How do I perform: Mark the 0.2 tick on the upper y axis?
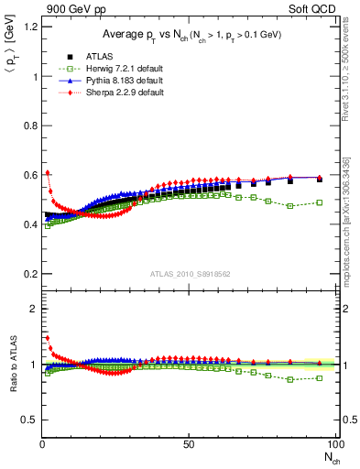point(27,274)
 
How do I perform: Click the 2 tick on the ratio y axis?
point(32,309)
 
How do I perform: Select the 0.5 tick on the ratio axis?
point(27,420)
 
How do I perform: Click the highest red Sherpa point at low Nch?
point(47,172)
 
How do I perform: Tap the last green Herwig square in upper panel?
point(319,202)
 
